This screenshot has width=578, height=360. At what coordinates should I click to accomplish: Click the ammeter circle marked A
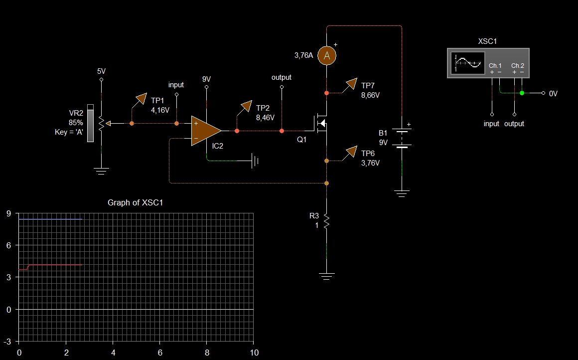[326, 56]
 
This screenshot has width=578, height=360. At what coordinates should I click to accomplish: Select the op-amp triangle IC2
[205, 131]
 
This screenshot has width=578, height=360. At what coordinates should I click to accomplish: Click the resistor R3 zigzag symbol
[326, 221]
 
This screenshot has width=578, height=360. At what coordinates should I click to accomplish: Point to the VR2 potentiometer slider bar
[90, 123]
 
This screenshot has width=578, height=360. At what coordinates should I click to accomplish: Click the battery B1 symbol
[402, 139]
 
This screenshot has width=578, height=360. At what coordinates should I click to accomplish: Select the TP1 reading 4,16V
[160, 110]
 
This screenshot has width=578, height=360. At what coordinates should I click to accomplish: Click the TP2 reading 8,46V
[265, 118]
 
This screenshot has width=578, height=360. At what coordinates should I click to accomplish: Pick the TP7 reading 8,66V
[371, 95]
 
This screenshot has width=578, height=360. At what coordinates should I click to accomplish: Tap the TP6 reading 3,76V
[371, 163]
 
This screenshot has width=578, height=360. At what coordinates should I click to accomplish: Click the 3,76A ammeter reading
[303, 55]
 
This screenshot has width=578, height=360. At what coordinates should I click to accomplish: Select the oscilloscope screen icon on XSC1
[467, 63]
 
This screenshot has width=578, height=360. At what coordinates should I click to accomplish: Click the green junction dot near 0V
[522, 93]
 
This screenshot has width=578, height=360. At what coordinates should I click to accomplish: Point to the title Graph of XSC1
[136, 203]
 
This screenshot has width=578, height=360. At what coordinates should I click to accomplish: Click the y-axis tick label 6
[8, 246]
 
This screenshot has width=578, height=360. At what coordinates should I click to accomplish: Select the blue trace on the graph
[50, 219]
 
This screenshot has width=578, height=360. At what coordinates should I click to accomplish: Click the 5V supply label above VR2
[102, 71]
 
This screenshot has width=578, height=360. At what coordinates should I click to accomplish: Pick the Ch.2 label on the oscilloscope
[518, 66]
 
